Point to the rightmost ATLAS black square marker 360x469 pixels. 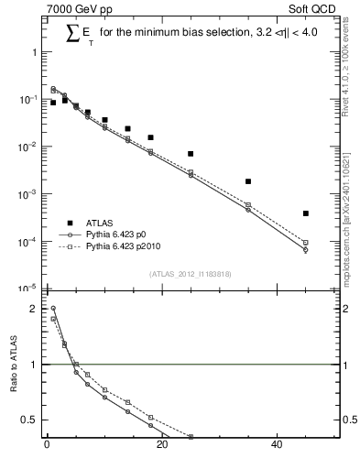click(306, 213)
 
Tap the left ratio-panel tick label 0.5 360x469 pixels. click(29, 420)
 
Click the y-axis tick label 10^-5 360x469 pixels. click(29, 288)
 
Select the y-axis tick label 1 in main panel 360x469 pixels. click(35, 52)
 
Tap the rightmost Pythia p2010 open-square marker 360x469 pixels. click(306, 243)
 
